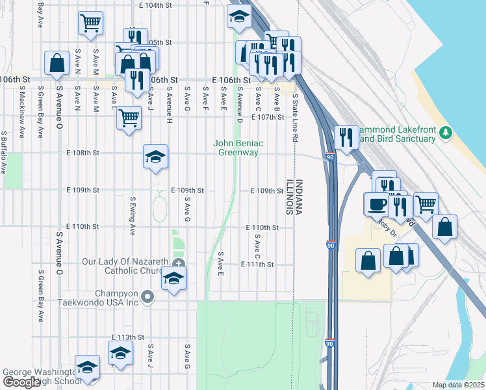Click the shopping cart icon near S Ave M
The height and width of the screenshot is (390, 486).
(90, 23)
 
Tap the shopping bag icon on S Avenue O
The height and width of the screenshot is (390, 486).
(57, 63)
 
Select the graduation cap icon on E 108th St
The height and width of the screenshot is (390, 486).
(155, 157)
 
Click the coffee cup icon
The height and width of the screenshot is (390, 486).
(377, 203)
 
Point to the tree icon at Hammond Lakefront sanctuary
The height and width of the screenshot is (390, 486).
(445, 133)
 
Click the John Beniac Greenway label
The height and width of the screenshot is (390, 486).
(237, 148)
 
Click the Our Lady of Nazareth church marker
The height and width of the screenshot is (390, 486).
(179, 263)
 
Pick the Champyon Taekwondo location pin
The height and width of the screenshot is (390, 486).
(147, 298)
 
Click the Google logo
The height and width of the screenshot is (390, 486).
(21, 383)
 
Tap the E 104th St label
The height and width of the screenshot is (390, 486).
(159, 5)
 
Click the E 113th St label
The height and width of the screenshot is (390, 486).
(127, 337)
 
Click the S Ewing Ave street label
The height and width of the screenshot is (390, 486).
(132, 216)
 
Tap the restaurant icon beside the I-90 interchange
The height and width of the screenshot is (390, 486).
(346, 137)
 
